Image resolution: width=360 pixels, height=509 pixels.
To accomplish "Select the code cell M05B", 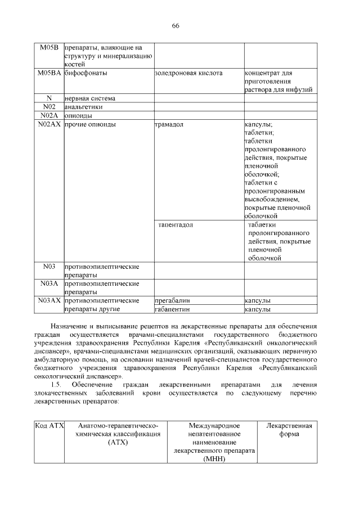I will [x=49, y=47].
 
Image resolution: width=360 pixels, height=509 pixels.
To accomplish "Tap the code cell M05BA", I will [x=49, y=73].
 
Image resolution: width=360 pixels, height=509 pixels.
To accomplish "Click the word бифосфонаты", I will [x=86, y=73].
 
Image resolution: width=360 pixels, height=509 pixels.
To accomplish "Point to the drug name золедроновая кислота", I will [x=188, y=73].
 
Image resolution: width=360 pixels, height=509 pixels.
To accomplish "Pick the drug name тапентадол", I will [x=175, y=225].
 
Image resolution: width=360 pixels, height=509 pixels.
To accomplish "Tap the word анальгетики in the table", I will [x=83, y=107].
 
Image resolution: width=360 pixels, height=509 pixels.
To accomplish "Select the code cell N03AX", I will [x=49, y=300].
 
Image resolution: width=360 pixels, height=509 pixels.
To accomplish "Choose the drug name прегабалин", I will [x=173, y=300].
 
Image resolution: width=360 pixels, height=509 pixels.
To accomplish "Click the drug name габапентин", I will [x=173, y=309].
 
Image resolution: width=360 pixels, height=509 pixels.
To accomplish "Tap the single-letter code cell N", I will [x=49, y=98].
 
